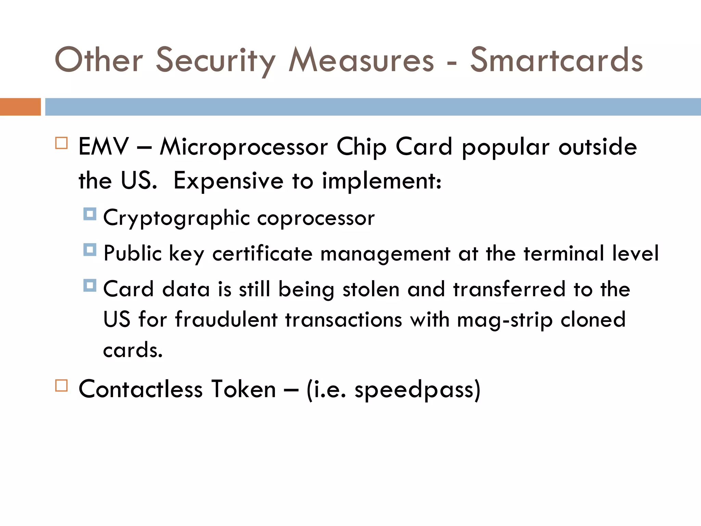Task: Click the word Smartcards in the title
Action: pyautogui.click(x=556, y=60)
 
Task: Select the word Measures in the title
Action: pyautogui.click(x=361, y=60)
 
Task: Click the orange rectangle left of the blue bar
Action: pyautogui.click(x=20, y=107)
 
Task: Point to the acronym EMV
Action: pyautogui.click(x=103, y=147)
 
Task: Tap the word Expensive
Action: pyautogui.click(x=228, y=180)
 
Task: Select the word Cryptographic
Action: pyautogui.click(x=176, y=218)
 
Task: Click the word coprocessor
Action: pyautogui.click(x=316, y=218)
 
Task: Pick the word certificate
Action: pyautogui.click(x=262, y=254)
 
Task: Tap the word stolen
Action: pyautogui.click(x=371, y=289)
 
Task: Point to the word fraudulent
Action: pyautogui.click(x=226, y=320)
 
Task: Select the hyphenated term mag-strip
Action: pyautogui.click(x=505, y=320)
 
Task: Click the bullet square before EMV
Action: pyautogui.click(x=61, y=143)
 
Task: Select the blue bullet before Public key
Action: pyautogui.click(x=90, y=250)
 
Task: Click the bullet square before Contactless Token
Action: pyautogui.click(x=61, y=385)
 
